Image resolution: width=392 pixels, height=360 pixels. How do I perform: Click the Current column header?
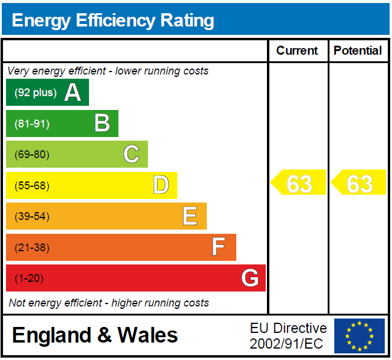point(297,50)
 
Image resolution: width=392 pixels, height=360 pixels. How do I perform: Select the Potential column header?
point(358,50)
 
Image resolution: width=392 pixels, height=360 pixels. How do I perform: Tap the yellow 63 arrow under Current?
point(298,182)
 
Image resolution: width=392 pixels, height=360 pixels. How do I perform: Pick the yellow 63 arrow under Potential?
point(358,182)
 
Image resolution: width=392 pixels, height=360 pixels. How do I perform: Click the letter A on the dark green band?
point(73,92)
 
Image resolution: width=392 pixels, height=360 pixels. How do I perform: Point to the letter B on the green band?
point(102,123)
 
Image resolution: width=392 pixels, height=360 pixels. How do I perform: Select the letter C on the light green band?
point(131,154)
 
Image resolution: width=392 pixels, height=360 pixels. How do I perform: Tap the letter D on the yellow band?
point(161,185)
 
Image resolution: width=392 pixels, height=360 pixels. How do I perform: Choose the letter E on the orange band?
point(190,216)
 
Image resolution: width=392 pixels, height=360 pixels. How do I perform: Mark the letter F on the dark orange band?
point(218,246)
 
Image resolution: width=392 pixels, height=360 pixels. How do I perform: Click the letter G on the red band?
point(250,277)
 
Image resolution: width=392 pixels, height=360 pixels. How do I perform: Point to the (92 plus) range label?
point(35,93)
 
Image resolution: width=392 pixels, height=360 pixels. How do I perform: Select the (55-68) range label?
point(32,186)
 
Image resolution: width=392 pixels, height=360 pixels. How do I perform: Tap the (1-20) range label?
point(29,278)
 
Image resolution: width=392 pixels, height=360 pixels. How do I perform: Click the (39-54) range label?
point(32,216)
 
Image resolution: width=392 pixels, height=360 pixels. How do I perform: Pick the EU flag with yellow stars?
point(360,336)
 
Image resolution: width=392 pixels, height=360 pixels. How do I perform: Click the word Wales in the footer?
point(147,335)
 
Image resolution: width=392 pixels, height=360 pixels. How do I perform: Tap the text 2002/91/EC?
point(286,344)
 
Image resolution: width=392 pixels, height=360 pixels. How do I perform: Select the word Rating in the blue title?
point(187,21)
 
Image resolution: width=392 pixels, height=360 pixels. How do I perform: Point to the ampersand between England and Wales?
point(105,335)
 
